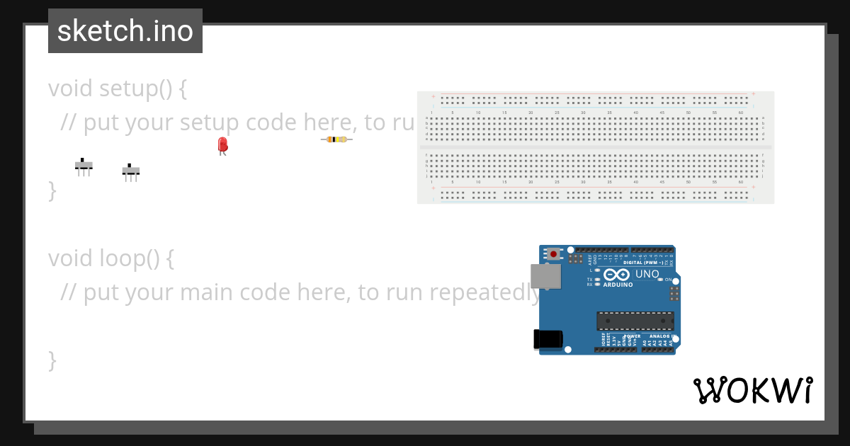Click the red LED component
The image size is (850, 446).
tap(222, 144)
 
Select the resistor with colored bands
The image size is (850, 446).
tap(336, 139)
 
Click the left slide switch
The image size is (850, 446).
tap(84, 166)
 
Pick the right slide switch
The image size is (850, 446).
tap(130, 171)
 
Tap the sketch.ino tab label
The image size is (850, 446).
tap(125, 31)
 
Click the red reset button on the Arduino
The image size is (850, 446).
tap(553, 253)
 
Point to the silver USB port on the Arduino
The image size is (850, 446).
tap(545, 276)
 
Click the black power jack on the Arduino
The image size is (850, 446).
tap(548, 339)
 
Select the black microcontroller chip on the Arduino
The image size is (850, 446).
tap(635, 321)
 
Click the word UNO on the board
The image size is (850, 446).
tap(647, 275)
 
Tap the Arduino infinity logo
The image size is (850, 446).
tap(617, 275)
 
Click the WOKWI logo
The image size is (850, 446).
tap(753, 391)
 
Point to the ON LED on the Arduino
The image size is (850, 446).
tap(660, 280)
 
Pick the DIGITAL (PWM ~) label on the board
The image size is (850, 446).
tap(643, 263)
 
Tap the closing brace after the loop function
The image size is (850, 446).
tap(52, 360)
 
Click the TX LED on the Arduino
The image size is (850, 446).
tap(597, 279)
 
